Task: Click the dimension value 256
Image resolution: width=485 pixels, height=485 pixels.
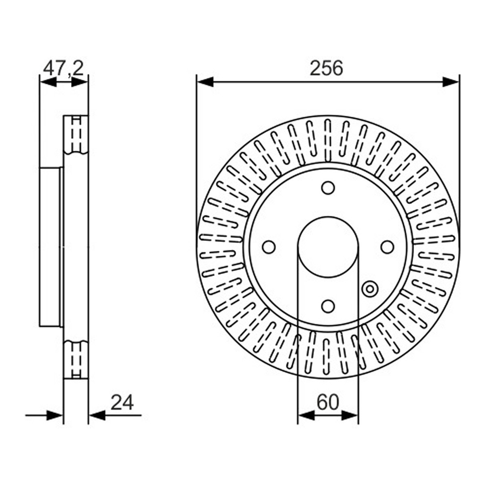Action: [x=326, y=68]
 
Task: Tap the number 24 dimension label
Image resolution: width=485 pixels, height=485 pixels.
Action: [x=122, y=403]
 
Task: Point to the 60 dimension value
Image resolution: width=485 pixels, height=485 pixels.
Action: [x=328, y=403]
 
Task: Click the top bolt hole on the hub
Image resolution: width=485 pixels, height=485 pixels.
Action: [x=328, y=188]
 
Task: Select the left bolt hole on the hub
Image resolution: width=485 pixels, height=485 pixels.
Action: [x=268, y=247]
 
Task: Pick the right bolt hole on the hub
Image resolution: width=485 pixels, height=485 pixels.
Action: [x=387, y=247]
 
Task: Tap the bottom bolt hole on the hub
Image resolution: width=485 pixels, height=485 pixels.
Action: [x=328, y=306]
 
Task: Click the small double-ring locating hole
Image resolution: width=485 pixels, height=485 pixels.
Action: [x=370, y=289]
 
